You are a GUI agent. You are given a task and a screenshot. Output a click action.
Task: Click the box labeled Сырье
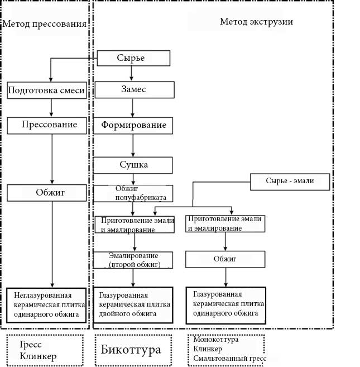[x=133, y=58]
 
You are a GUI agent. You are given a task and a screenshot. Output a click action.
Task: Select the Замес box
[x=133, y=89]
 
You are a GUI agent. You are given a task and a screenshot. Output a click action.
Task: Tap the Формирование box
[x=133, y=125]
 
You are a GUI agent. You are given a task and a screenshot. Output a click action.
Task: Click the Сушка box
[x=133, y=165]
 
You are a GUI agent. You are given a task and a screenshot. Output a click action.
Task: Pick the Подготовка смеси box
[x=47, y=90]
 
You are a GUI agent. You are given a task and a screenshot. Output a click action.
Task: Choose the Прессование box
[x=47, y=125]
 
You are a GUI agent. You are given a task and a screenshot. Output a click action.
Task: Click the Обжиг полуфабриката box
[x=133, y=193]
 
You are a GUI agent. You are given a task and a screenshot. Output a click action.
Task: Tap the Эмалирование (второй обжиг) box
[x=133, y=260]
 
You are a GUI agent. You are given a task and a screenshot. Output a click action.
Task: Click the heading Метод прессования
[x=45, y=24]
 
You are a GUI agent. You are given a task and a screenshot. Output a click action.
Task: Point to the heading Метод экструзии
[x=256, y=22]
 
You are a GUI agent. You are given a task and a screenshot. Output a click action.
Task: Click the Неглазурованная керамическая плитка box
[x=47, y=304]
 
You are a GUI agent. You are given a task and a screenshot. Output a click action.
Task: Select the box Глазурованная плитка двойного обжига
[x=133, y=304]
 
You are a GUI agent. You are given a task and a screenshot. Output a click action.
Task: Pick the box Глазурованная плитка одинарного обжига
[x=225, y=304]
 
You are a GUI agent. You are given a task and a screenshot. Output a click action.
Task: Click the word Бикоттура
[x=131, y=350]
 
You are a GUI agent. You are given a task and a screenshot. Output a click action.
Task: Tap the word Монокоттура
[x=216, y=340]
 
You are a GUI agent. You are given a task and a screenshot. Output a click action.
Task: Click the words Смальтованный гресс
[x=229, y=358]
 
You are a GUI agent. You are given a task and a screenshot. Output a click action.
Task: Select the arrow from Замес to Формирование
[x=133, y=107]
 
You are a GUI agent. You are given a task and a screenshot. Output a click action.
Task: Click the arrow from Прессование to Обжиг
[x=52, y=159]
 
